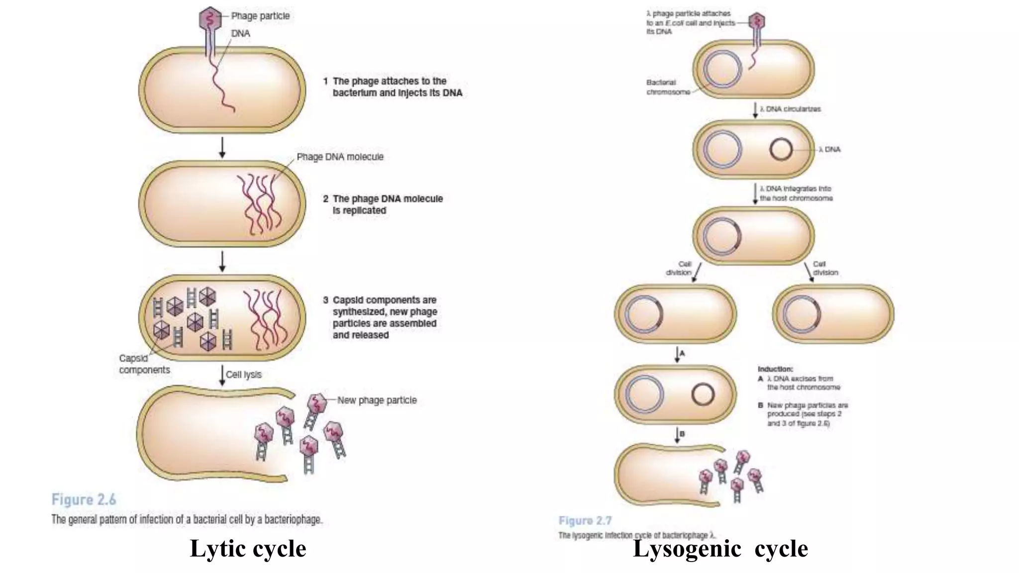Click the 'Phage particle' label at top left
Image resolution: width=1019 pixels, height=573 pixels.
click(260, 16)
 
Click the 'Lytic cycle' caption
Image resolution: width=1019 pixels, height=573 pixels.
click(248, 549)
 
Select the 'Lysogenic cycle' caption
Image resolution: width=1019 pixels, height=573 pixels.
click(720, 549)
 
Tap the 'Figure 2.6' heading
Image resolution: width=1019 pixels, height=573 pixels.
click(84, 499)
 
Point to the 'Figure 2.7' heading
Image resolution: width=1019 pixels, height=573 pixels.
click(585, 521)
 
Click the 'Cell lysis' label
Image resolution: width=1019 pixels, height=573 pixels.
click(243, 375)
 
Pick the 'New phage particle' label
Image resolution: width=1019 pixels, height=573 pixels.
click(377, 400)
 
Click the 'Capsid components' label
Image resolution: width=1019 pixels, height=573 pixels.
click(144, 364)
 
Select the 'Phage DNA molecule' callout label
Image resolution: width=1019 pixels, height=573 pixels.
click(340, 157)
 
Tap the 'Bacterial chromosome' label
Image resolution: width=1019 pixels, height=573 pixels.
click(668, 87)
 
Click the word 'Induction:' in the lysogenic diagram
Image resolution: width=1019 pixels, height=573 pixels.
click(775, 369)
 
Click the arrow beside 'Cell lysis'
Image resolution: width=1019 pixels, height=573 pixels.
click(222, 375)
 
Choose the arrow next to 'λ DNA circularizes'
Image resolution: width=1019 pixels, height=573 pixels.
click(755, 110)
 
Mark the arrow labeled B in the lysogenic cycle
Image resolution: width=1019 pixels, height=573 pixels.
click(677, 435)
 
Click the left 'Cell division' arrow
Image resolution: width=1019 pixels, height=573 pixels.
click(697, 273)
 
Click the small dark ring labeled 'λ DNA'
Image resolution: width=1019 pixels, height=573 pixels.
click(781, 149)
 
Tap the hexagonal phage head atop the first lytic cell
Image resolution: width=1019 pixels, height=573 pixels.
click(209, 19)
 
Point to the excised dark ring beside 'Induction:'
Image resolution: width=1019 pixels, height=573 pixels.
click(703, 395)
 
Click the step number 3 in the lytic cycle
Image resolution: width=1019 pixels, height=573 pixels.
click(325, 300)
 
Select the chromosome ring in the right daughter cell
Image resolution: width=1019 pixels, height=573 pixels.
click(802, 314)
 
